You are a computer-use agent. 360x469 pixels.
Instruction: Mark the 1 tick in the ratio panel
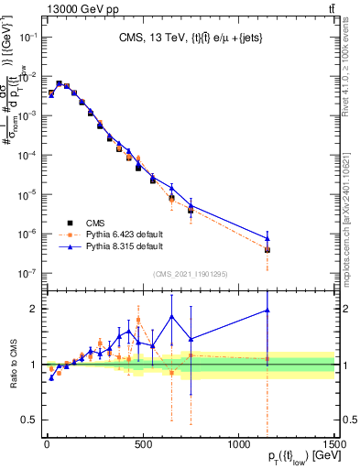point(33,365)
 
